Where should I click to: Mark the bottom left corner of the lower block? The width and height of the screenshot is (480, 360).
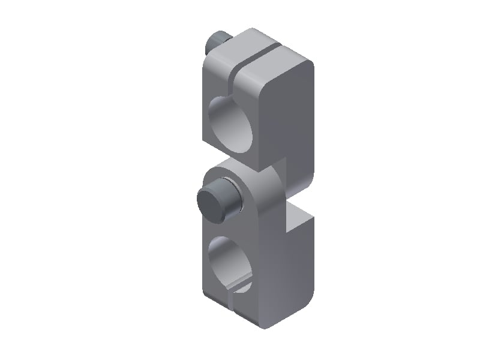pos(207,294)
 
